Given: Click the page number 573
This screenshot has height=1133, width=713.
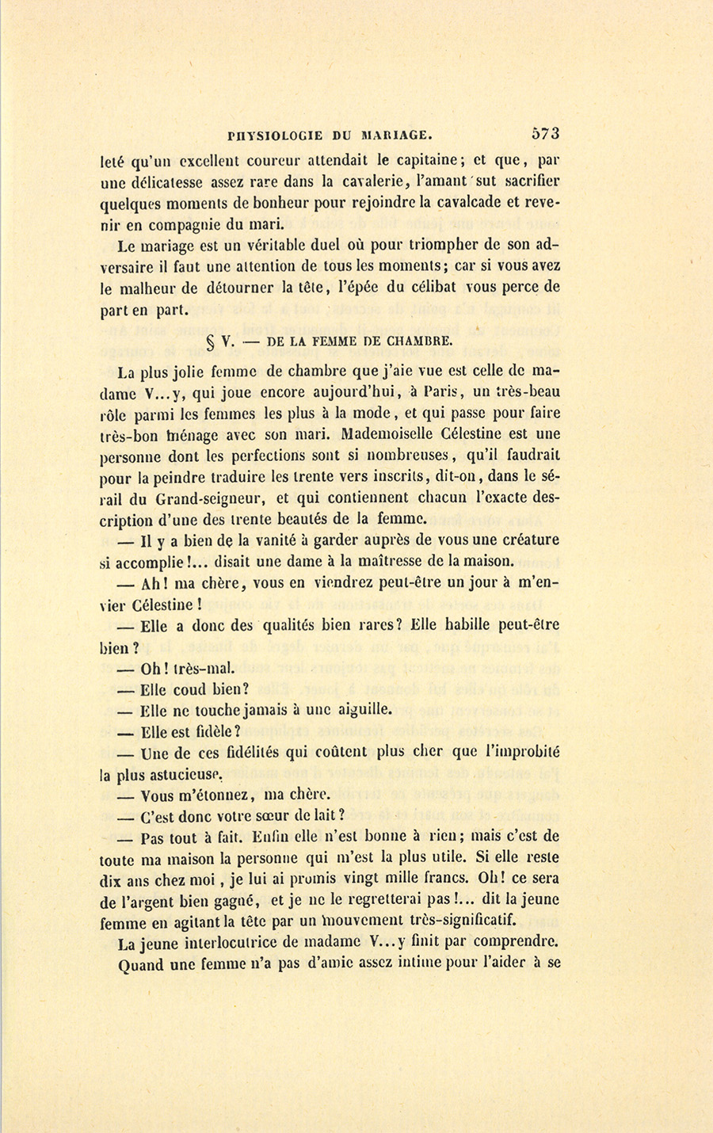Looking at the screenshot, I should click(546, 133).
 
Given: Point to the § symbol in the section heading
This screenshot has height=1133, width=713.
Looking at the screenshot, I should click(211, 342).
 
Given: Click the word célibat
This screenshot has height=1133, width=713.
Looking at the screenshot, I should click(432, 287).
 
